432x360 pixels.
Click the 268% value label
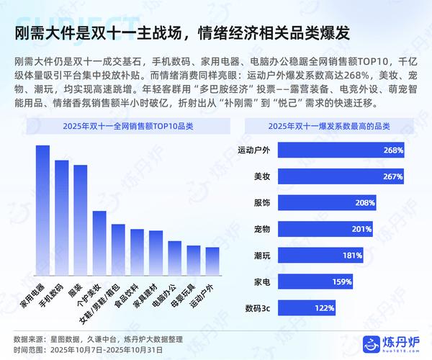[393, 150]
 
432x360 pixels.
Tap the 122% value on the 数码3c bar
[324, 308]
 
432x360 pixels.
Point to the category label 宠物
[262, 230]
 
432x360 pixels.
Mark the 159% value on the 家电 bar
[342, 282]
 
